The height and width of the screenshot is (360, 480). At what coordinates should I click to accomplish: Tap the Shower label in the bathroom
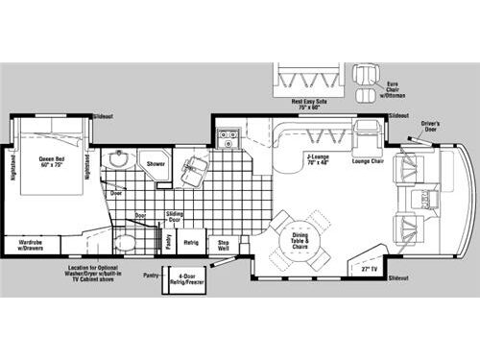(155, 164)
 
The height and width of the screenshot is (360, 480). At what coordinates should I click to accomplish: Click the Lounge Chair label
(368, 161)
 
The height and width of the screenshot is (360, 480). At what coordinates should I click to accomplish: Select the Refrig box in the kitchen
(191, 243)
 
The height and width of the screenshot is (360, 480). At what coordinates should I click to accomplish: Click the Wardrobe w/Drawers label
(30, 246)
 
